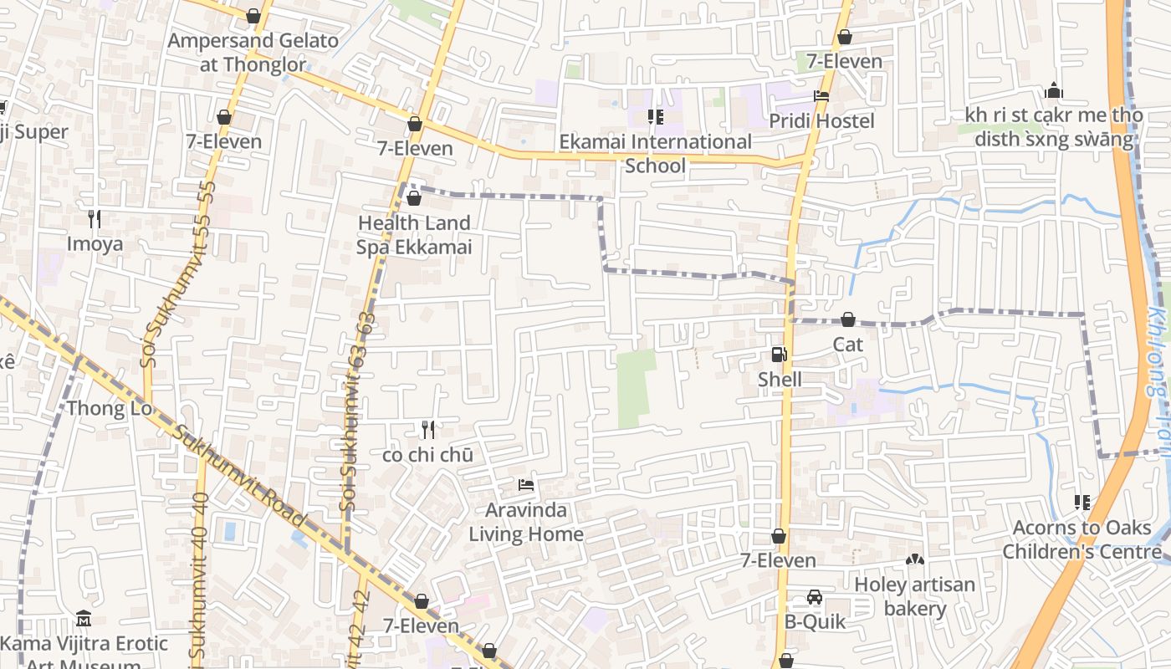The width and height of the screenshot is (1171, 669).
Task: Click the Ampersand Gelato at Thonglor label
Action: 253,52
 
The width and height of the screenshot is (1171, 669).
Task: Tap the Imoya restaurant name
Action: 95,244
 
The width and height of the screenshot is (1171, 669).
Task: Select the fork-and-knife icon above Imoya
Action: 95,219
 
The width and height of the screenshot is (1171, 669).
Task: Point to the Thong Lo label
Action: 110,409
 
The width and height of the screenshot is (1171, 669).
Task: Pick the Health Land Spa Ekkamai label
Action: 414,235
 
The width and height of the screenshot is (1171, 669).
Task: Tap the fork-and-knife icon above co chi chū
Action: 427,430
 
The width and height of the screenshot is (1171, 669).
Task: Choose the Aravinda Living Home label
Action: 526,522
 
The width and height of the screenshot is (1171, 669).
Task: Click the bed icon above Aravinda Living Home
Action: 526,485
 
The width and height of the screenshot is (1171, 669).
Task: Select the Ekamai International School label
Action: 656,153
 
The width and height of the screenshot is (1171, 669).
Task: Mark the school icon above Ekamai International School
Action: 656,117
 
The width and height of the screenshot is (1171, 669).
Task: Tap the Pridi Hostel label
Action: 821,121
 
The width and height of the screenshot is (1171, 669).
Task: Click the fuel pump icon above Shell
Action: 779,355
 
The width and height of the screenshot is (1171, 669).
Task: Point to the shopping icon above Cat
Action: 847,319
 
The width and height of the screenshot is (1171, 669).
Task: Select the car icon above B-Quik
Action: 815,597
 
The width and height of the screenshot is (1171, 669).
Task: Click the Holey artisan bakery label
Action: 914,595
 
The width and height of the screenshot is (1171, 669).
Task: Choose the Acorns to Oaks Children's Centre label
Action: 1082,539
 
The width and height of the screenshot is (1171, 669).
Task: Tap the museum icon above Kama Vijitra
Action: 84,619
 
